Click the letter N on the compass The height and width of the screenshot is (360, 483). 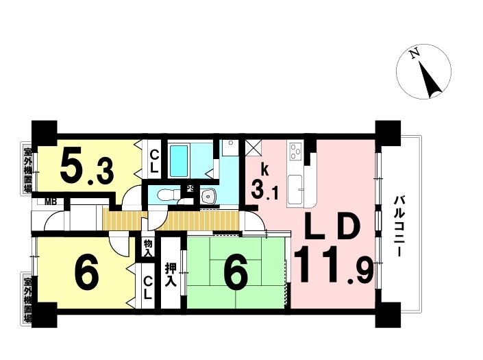pos(414,53)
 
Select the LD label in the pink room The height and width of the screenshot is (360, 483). pos(332,227)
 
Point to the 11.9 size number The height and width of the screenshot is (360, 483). pos(334,265)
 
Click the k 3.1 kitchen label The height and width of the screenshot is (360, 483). pos(264,182)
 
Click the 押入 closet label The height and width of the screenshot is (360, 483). pos(171,275)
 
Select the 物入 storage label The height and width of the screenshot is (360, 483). pos(148,248)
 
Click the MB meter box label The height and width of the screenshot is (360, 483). pos(51,202)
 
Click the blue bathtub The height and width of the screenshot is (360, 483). pos(179,160)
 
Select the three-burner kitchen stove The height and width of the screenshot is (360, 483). pos(296,152)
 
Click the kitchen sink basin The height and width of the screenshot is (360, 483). pos(295,189)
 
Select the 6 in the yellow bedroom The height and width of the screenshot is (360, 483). pos(87,271)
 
